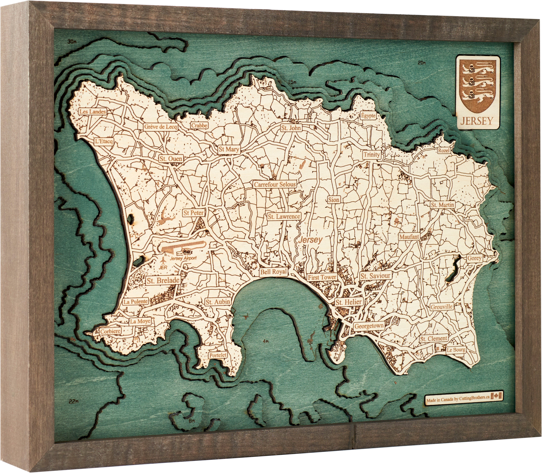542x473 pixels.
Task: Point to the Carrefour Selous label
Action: pyautogui.click(x=275, y=185)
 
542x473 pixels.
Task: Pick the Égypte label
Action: pyautogui.click(x=368, y=116)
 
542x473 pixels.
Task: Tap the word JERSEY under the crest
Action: pyautogui.click(x=477, y=121)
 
